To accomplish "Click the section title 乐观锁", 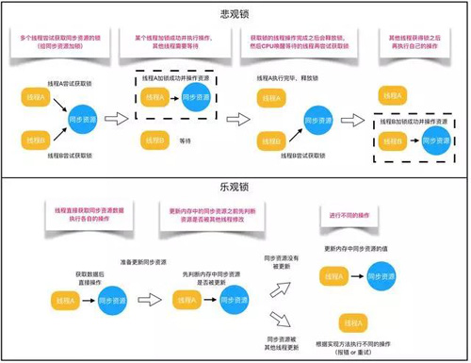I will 235,185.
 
